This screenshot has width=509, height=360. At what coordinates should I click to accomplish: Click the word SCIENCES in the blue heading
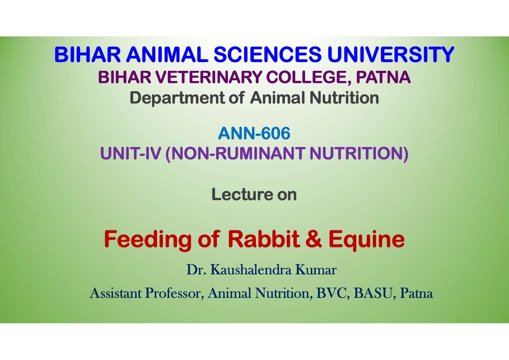coord(268,54)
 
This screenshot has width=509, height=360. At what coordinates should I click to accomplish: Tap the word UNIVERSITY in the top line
coord(391,54)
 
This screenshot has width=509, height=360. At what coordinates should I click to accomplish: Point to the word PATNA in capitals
coord(384,77)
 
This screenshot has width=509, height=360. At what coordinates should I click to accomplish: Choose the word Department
coord(177,98)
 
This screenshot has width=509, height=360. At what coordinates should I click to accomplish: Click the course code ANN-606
coord(254,133)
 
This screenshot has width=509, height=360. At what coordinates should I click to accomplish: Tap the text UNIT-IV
coord(131,153)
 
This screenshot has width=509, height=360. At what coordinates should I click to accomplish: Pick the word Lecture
coord(242,195)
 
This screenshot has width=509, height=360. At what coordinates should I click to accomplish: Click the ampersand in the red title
coord(314,239)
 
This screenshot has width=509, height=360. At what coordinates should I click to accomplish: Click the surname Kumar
coord(316,270)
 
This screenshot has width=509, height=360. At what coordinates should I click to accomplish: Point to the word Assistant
coord(116,293)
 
